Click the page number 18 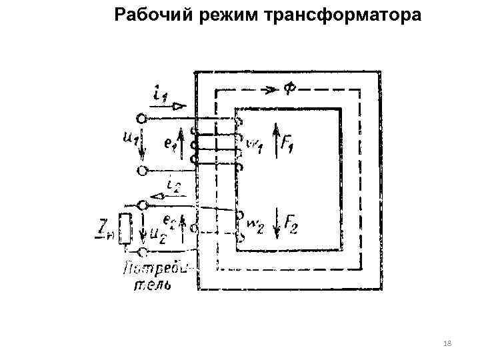coord(447,343)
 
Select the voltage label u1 coord(129,140)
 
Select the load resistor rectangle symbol coord(124,229)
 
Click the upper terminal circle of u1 coord(141,119)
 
